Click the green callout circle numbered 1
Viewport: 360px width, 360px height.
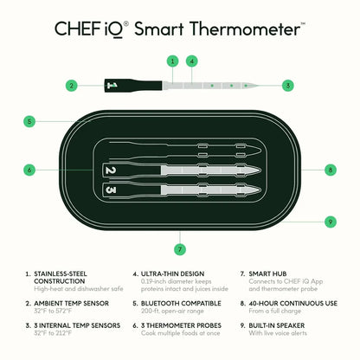coord(172,61)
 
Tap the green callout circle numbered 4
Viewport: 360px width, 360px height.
coord(191,61)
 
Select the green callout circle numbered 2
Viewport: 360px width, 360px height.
coord(73,86)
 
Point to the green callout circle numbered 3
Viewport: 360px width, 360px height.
coord(287,86)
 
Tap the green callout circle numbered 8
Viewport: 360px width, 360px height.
coord(330,170)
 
